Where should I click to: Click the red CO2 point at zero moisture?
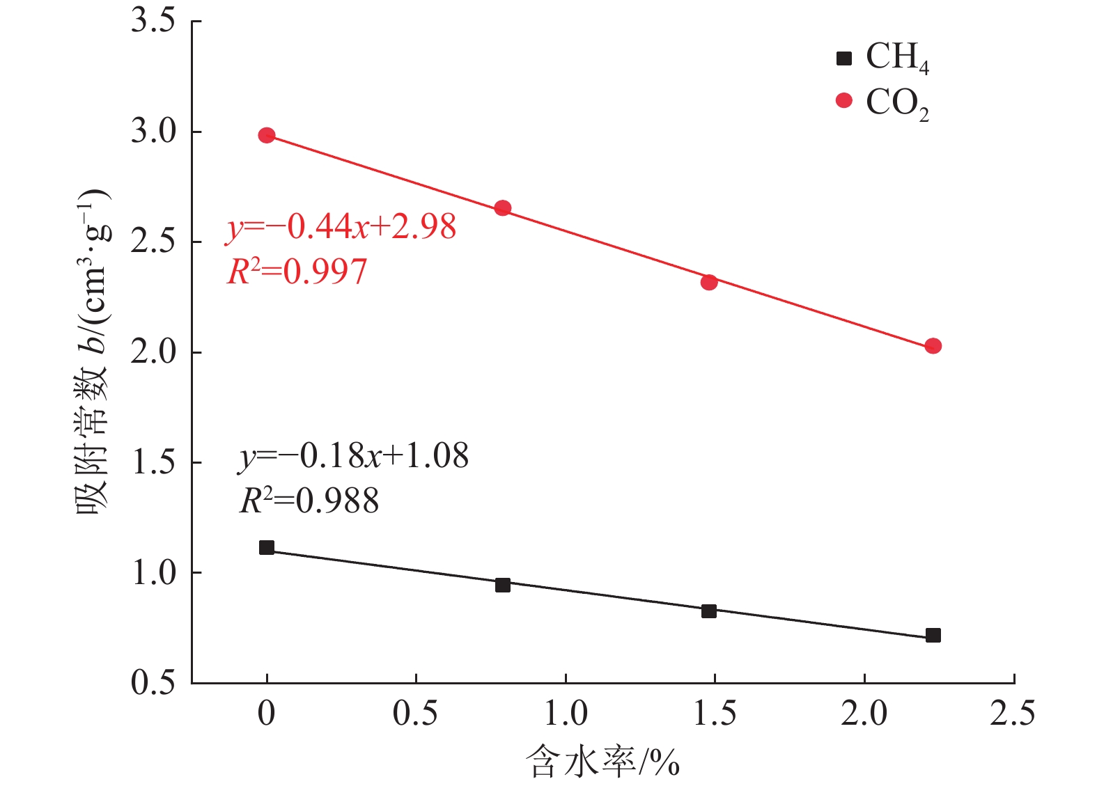pyautogui.click(x=267, y=135)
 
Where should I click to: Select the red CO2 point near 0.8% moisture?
pyautogui.click(x=503, y=208)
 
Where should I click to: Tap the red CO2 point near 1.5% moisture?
pyautogui.click(x=709, y=282)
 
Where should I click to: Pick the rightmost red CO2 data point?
pyautogui.click(x=933, y=346)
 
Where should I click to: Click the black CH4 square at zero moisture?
pyautogui.click(x=267, y=548)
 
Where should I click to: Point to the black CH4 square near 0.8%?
pyautogui.click(x=503, y=585)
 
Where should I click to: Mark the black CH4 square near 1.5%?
pyautogui.click(x=709, y=611)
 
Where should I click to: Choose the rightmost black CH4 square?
pyautogui.click(x=933, y=635)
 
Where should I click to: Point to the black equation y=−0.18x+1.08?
pyautogui.click(x=354, y=457)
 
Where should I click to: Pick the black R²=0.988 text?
pyautogui.click(x=309, y=501)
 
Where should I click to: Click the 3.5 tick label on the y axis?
pyautogui.click(x=153, y=21)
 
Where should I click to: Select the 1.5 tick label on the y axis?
pyautogui.click(x=153, y=462)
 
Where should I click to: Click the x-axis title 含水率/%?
pyautogui.click(x=603, y=761)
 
